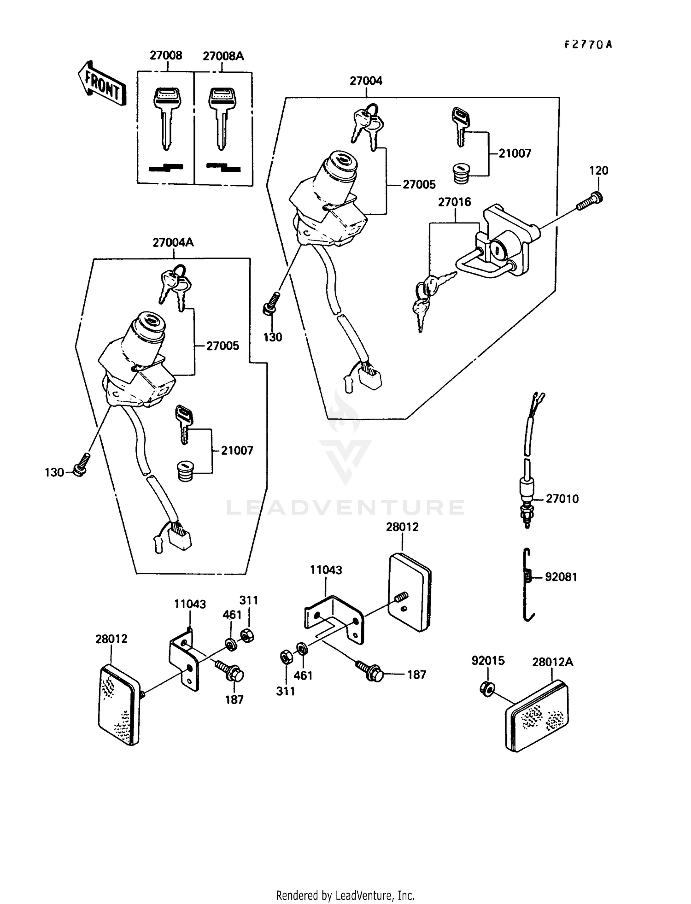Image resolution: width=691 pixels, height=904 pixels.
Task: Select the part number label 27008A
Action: pyautogui.click(x=223, y=56)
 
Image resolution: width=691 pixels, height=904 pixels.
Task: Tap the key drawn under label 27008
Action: pyautogui.click(x=167, y=117)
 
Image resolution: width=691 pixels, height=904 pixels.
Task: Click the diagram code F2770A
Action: pyautogui.click(x=588, y=45)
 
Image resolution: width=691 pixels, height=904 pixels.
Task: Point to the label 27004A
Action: pyautogui.click(x=173, y=242)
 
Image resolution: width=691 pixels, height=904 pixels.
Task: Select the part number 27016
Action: pyautogui.click(x=454, y=202)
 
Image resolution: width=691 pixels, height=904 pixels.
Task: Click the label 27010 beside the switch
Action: pyautogui.click(x=562, y=499)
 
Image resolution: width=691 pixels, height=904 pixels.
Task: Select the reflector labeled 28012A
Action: pyautogui.click(x=537, y=716)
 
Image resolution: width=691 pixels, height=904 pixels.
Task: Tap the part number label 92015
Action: pyautogui.click(x=488, y=661)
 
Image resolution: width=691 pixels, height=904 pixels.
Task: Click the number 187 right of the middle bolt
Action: pyautogui.click(x=416, y=675)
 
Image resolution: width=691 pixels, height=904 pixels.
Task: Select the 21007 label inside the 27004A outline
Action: pyautogui.click(x=237, y=451)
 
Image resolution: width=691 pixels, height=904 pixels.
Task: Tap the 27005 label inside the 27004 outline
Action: pyautogui.click(x=419, y=185)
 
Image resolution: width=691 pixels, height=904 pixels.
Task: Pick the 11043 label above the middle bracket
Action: pyautogui.click(x=326, y=570)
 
